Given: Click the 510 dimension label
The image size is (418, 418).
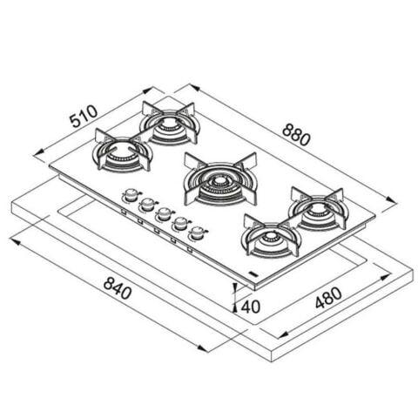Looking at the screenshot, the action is coord(84,116).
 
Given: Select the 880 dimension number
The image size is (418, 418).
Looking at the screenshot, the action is coord(296,134).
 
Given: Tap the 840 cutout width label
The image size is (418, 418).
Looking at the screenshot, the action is coord(118,287).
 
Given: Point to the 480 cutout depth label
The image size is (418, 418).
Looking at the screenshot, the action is coord(328,298).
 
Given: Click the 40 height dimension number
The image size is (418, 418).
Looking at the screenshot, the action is coord(251,307).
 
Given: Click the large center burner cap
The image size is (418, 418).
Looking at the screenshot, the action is coord(220,182).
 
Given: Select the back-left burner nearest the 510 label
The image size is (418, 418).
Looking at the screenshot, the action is coord(169,125).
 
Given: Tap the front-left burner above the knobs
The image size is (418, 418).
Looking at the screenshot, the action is coord(122,151).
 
